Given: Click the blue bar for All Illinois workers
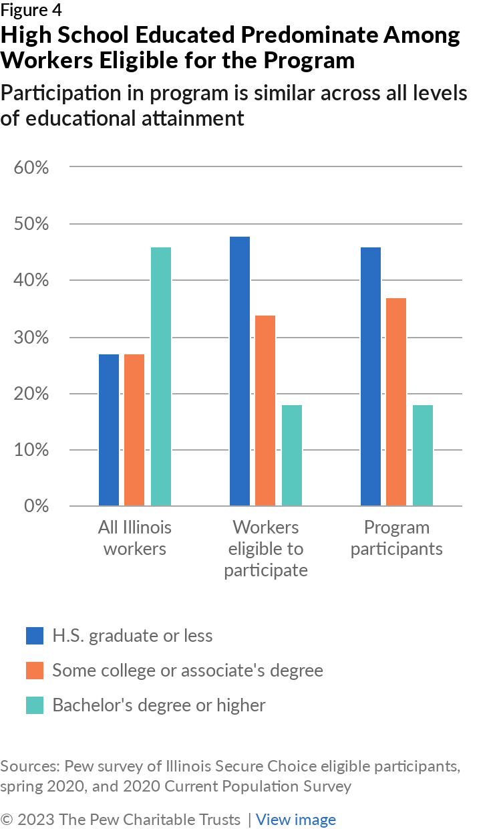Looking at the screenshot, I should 109,430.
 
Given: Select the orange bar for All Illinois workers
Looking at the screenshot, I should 134,430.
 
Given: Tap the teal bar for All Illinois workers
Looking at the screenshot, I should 160,376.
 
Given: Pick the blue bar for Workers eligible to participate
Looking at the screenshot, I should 240,371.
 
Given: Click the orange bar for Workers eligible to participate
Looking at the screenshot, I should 265,410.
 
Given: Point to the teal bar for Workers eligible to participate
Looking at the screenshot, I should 291,455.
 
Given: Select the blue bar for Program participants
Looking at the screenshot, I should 371,376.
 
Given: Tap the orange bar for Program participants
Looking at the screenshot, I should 396,402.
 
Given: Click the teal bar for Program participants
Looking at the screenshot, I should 422,455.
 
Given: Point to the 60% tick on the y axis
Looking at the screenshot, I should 31,167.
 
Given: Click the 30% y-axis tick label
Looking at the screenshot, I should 31,337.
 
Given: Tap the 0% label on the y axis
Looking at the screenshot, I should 36,506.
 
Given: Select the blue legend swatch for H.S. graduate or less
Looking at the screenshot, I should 35,635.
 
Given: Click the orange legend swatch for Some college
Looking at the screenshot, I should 35,670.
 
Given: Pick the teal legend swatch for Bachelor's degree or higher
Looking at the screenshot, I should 35,705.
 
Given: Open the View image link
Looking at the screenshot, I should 296,820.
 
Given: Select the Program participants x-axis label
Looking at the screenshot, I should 396,538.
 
